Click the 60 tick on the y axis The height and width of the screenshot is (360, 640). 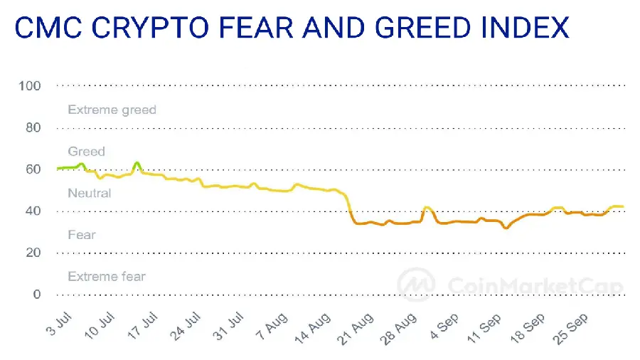[x=32, y=169]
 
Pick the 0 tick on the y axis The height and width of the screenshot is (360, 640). [x=36, y=295]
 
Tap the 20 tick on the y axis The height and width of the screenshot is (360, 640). [x=32, y=253]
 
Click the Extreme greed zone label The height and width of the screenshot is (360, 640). [x=112, y=110]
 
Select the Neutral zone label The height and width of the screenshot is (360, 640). [x=89, y=193]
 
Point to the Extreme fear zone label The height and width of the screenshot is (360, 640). [x=106, y=276]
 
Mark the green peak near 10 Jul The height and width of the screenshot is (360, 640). [x=137, y=163]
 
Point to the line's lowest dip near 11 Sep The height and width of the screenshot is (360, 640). [x=506, y=228]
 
